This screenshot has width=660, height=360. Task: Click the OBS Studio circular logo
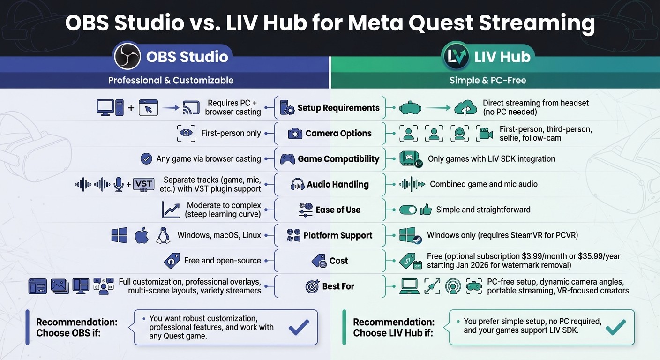[x=127, y=57]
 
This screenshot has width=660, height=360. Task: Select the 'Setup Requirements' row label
[x=338, y=108]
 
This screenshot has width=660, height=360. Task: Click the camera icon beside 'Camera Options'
[x=295, y=134]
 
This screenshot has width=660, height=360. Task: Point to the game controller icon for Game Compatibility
[x=287, y=159]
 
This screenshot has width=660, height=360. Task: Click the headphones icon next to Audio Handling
[x=298, y=184]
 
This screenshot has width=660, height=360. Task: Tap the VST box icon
[x=143, y=184]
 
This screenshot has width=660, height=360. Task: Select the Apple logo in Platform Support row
[x=142, y=235]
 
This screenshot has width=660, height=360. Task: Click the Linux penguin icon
[x=163, y=235]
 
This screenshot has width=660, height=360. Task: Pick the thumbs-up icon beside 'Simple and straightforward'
[x=426, y=210]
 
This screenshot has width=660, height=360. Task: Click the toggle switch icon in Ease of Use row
[x=408, y=210]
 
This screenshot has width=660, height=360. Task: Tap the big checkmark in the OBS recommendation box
[x=299, y=327]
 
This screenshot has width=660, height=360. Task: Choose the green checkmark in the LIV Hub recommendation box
[x=616, y=327]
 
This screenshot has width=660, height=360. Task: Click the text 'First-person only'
[x=231, y=134]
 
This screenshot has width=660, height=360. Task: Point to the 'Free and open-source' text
[x=222, y=261]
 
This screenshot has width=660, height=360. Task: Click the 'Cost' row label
[x=338, y=261]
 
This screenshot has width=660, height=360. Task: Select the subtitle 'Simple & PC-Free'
[x=487, y=80]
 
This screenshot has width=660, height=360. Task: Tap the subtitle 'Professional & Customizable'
[x=171, y=80]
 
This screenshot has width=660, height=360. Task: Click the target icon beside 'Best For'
[x=312, y=286]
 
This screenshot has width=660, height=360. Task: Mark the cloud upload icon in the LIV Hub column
[x=465, y=108]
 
